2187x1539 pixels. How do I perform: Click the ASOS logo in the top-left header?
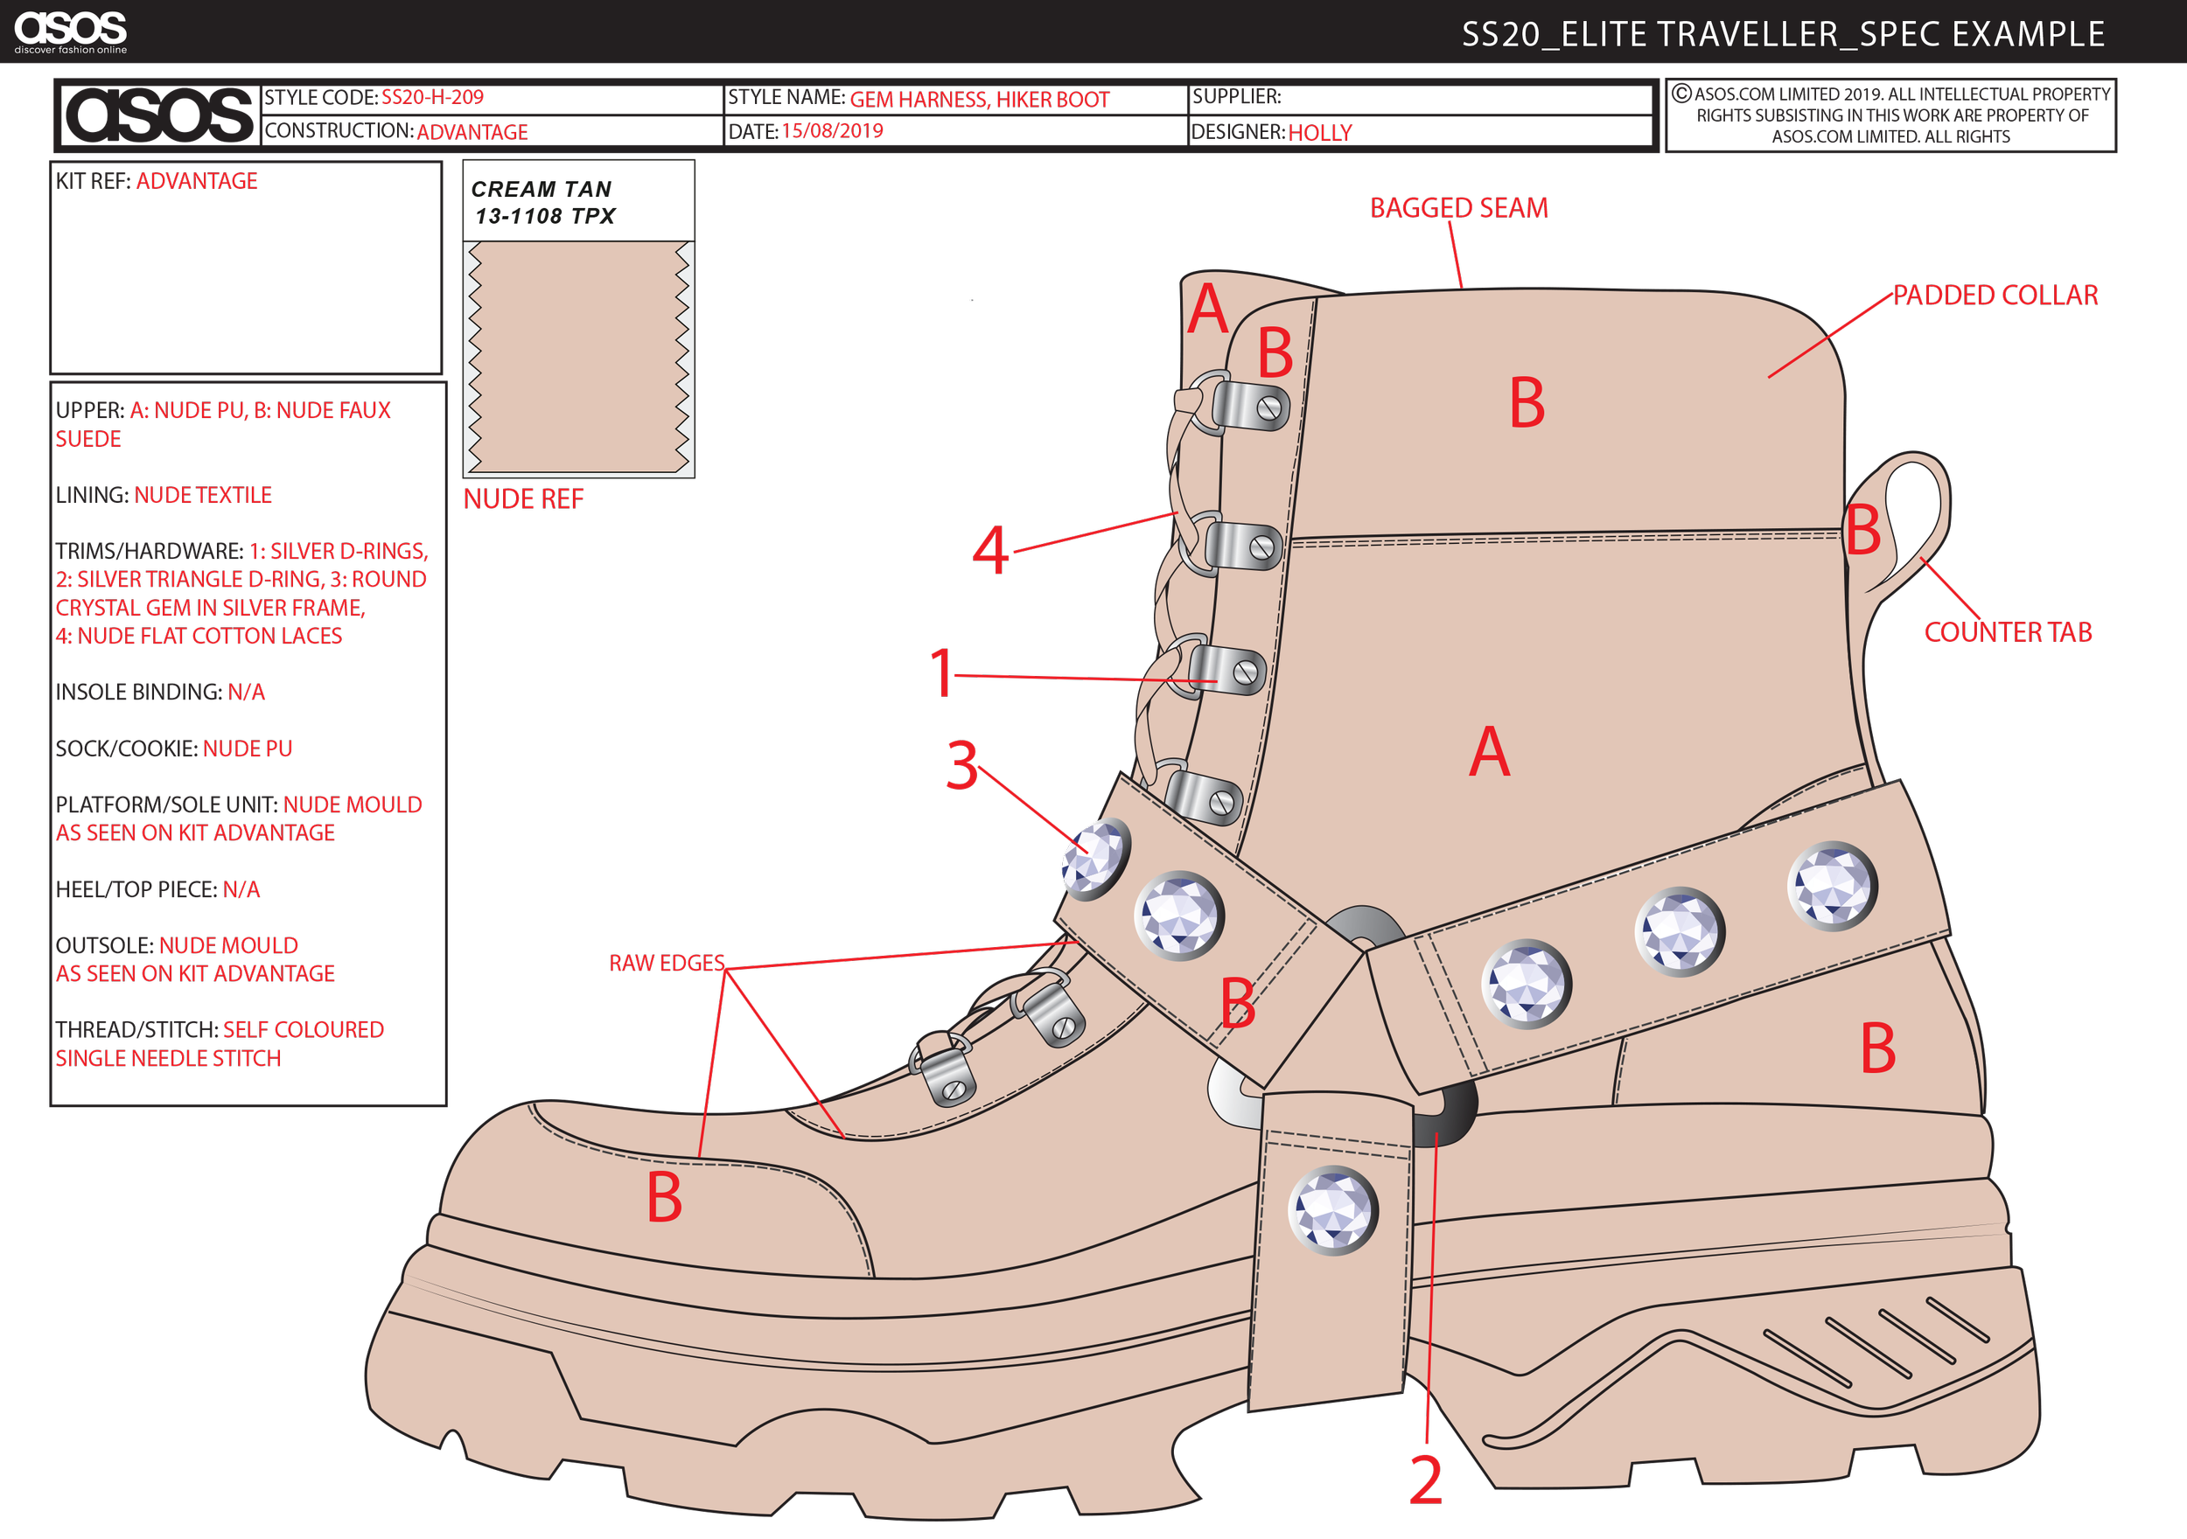coord(69,31)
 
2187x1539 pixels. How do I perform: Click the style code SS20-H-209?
coord(432,97)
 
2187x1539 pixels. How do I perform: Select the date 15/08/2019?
coord(833,130)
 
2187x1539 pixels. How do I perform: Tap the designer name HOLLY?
coord(1319,132)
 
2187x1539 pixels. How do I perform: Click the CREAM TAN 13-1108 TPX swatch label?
coord(544,202)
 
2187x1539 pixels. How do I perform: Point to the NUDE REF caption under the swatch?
coord(523,499)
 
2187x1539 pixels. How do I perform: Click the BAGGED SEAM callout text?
coord(1458,207)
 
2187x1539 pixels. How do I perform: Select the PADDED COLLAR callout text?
coord(1995,295)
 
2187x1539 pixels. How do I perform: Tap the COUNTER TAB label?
coord(2008,632)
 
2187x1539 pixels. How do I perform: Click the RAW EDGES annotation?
coord(667,963)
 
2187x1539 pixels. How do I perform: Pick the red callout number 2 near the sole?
coord(1426,1480)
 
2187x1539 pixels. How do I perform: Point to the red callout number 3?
coord(963,766)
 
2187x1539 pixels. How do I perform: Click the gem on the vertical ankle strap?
coord(1332,1209)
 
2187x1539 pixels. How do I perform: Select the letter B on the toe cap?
coord(664,1197)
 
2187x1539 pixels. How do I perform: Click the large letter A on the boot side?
coord(1489,752)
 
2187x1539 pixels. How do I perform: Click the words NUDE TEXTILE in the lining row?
coord(203,495)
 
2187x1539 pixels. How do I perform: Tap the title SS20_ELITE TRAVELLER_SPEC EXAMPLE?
coord(1782,34)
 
